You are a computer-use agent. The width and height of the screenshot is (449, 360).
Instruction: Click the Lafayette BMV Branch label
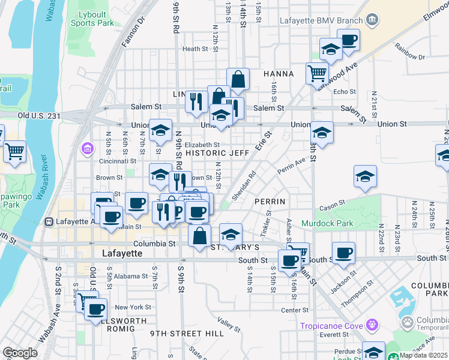tap(322, 20)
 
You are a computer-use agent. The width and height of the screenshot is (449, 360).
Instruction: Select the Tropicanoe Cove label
tap(333, 326)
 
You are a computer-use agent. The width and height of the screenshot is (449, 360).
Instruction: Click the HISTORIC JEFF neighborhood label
tap(217, 153)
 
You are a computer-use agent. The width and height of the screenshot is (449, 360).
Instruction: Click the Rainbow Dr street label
tap(410, 57)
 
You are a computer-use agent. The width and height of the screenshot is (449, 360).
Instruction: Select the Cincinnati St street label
tap(118, 161)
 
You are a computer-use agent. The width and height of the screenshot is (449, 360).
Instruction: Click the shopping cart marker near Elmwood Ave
tap(317, 74)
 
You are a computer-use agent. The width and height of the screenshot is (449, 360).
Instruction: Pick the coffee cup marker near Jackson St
tap(343, 253)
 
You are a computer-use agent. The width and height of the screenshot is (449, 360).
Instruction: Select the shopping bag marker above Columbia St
tap(200, 235)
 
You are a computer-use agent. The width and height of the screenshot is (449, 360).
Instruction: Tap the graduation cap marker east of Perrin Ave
tap(365, 176)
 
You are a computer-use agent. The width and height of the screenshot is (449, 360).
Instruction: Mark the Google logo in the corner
tap(20, 353)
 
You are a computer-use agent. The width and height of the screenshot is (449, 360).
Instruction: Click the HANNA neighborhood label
tap(279, 74)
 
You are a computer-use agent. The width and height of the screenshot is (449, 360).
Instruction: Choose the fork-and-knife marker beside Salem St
tap(196, 102)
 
